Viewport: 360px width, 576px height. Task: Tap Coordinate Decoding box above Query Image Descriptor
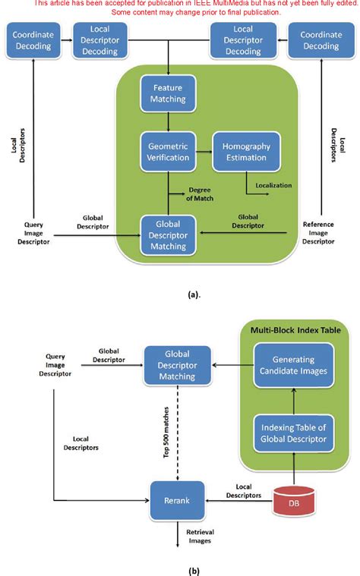coord(32,39)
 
